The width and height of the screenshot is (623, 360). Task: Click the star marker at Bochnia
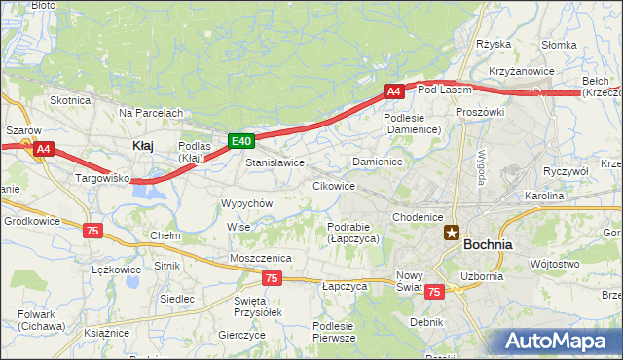(452, 233)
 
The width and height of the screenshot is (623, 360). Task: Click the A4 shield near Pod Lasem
(392, 91)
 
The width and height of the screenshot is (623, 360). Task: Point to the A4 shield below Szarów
(43, 149)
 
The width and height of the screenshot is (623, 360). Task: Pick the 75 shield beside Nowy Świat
(434, 291)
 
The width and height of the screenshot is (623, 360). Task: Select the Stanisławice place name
(275, 162)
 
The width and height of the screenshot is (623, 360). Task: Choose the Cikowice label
(333, 185)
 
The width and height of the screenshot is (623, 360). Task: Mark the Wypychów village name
(246, 203)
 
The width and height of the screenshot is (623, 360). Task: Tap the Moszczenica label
(261, 257)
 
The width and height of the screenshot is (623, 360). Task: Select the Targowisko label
(103, 179)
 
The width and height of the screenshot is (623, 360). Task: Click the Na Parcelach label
(151, 113)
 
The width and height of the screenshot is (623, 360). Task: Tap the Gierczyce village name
(242, 334)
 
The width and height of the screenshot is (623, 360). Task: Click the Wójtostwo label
(556, 264)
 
